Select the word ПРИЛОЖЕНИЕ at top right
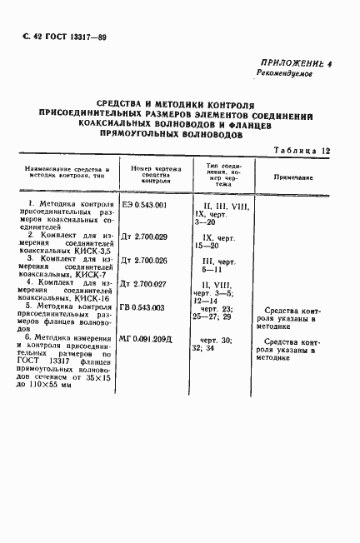(x=292, y=62)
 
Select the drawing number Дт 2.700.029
(x=146, y=238)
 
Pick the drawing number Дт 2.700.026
(x=146, y=261)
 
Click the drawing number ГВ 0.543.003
(x=143, y=307)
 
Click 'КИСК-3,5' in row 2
(x=92, y=249)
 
